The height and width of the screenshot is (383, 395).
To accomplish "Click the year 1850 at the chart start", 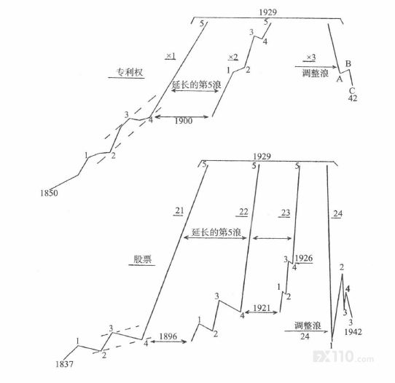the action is tap(49, 193).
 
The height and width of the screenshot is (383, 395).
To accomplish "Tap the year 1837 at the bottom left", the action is tap(64, 364).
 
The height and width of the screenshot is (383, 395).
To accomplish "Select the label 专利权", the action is tap(129, 72).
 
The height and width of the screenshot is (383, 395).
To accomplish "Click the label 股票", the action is tap(142, 259).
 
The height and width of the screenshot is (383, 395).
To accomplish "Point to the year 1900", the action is tap(184, 121).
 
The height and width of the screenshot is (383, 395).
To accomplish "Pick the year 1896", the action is tap(168, 336).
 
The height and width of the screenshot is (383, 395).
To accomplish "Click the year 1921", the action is tap(262, 308).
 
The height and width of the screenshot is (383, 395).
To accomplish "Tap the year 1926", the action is tap(304, 258).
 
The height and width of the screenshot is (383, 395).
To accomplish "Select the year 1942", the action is tap(353, 332).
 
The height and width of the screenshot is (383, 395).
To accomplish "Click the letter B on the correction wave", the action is tap(348, 63).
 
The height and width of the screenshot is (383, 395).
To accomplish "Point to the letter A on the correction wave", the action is tap(340, 79).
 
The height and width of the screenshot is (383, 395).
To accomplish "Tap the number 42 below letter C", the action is tap(353, 98).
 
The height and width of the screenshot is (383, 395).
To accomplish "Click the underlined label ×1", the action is tap(171, 55).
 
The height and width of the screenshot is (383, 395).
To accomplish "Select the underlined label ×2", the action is tap(233, 58).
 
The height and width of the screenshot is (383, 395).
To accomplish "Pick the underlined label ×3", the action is tap(310, 58).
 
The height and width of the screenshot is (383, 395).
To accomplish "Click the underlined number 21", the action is tap(179, 210).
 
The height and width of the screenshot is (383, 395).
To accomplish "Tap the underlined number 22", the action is tap(243, 212).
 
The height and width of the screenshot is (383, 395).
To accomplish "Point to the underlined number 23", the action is tap(286, 213).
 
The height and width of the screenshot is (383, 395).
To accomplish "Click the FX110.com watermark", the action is tap(343, 356).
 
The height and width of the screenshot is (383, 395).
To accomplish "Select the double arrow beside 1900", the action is tap(181, 117).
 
